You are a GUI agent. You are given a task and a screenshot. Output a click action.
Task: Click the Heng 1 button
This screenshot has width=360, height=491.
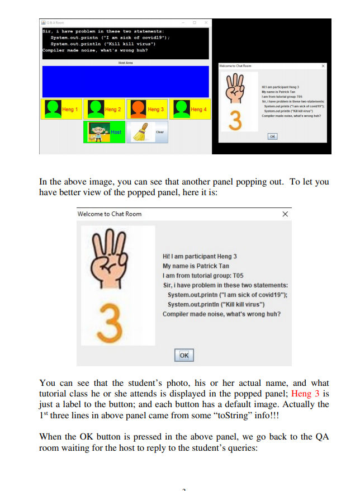click(x=62, y=109)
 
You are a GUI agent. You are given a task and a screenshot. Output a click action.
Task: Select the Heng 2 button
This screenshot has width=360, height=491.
click(x=105, y=109)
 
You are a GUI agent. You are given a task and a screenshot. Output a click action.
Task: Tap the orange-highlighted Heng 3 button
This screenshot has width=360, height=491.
click(x=147, y=109)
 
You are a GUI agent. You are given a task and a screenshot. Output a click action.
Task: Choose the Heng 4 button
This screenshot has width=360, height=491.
click(x=190, y=109)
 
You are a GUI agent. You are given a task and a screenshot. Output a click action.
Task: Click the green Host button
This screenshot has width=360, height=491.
click(x=105, y=132)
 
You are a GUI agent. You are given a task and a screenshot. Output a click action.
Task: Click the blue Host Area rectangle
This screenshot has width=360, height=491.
click(x=125, y=82)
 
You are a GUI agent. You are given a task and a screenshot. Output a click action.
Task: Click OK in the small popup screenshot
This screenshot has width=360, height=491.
click(x=272, y=136)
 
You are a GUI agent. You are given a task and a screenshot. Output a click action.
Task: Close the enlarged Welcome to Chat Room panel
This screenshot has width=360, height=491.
click(x=285, y=214)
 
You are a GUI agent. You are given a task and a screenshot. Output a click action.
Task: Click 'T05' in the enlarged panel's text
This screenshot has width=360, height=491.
click(x=238, y=276)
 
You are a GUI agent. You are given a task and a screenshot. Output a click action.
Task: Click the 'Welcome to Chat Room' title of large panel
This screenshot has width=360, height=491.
click(x=110, y=214)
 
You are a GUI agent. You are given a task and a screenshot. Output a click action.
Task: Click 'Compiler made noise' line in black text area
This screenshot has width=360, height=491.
click(x=99, y=50)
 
